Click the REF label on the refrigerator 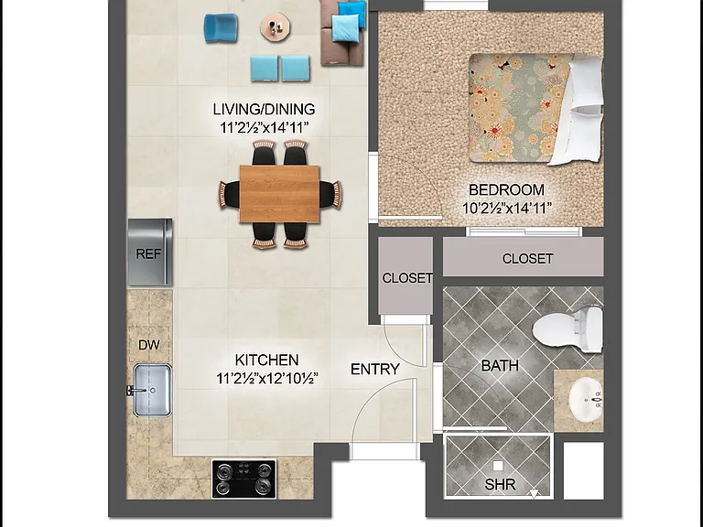(148, 254)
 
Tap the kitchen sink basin (153, 391)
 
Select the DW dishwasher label (149, 345)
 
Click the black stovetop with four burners (244, 479)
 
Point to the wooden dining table (279, 194)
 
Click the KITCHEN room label (266, 360)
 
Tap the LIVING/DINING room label (264, 109)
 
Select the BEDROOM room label (506, 189)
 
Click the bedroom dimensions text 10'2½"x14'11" (506, 208)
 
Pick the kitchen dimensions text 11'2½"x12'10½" (267, 378)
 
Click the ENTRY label (374, 369)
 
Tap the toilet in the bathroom (568, 329)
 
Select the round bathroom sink (586, 399)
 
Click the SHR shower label (500, 484)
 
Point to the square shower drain (498, 466)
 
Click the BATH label (500, 366)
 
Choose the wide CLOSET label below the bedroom (527, 259)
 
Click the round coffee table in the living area (276, 27)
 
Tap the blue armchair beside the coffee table (221, 27)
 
